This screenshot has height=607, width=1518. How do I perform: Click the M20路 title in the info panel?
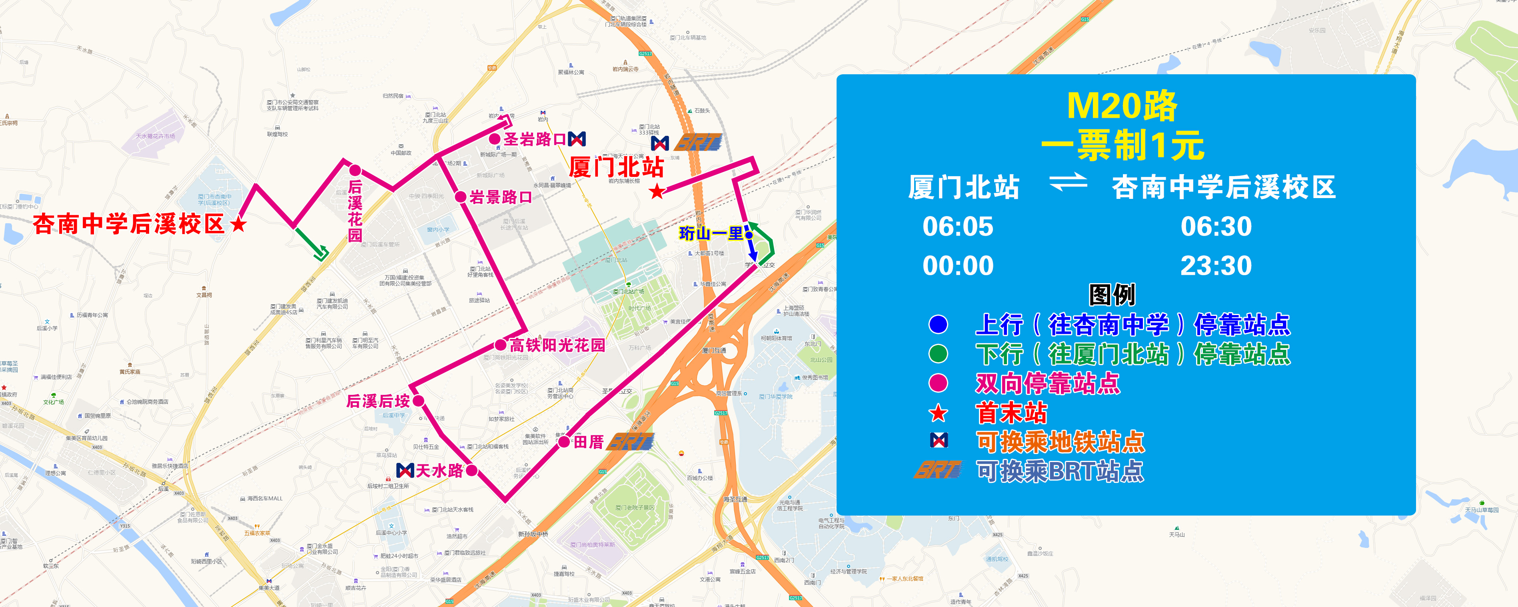tap(1122, 106)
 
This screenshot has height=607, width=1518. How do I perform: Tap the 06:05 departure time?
tap(958, 227)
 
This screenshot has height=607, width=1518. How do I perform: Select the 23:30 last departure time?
tap(1216, 266)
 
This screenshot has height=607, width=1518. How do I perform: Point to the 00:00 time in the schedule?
tap(958, 266)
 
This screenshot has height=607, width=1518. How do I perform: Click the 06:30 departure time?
tap(1216, 227)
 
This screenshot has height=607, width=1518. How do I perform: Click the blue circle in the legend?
tap(938, 324)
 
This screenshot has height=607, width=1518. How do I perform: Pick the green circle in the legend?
tap(938, 354)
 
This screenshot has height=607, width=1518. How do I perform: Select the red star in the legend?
tap(938, 413)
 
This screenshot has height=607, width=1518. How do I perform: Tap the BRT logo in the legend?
tap(938, 470)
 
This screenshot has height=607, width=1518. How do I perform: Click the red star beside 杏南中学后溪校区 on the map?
tap(239, 224)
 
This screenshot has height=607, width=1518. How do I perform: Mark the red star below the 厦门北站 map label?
tap(657, 191)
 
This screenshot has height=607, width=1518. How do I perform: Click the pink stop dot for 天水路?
tap(471, 470)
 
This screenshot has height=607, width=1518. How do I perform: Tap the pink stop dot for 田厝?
tap(564, 442)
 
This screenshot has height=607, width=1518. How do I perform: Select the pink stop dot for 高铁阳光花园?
tap(500, 345)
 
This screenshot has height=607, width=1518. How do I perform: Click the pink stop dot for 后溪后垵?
tap(418, 401)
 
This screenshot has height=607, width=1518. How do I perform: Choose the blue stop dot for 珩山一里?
tap(749, 235)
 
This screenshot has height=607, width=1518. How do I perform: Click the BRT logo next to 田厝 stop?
tap(631, 442)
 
